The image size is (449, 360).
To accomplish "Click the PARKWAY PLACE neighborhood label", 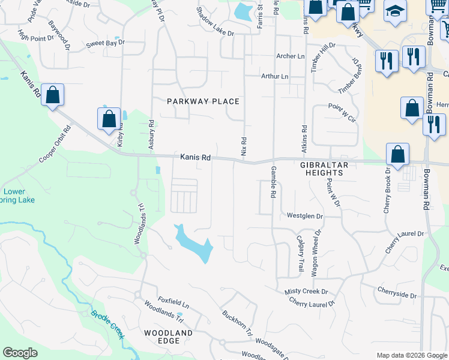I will point(203,101).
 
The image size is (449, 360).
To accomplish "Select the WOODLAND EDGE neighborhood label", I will point(168,337).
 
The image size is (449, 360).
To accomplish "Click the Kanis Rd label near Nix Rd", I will point(195,158).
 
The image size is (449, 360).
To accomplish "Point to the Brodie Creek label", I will point(107,323).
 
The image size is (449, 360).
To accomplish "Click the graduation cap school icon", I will point(394,12).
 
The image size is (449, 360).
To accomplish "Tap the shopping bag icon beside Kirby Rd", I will point(109,118).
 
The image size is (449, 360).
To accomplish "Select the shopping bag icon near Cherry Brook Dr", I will point(397,155).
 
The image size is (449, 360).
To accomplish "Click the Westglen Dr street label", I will point(304,215).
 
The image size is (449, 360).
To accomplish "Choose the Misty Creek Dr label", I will point(306,292).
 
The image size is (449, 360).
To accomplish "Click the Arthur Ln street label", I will point(274,77).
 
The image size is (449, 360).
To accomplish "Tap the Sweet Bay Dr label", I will point(104,43).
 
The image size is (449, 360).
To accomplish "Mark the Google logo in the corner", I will point(20,353).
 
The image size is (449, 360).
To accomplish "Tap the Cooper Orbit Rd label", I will point(55,145).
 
